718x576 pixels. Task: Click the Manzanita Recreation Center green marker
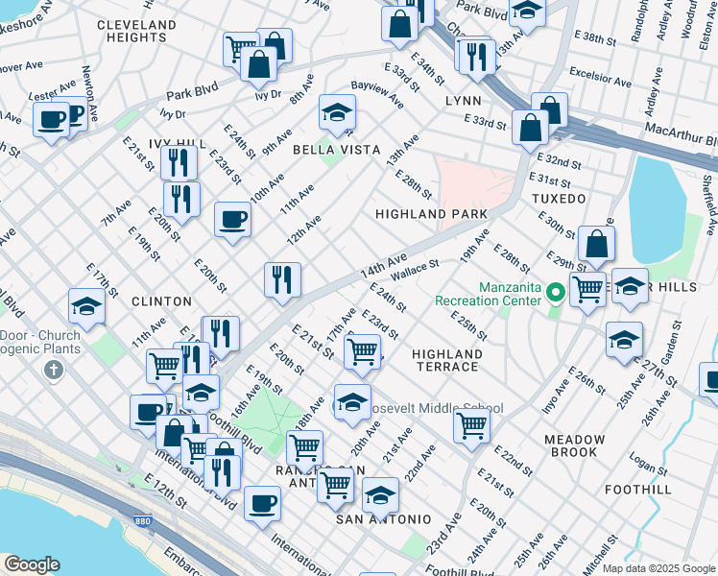tap(554, 290)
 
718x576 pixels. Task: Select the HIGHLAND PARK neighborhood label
tap(431, 214)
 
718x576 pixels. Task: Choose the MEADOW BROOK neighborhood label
tap(574, 446)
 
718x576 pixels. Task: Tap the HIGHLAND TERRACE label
tap(445, 361)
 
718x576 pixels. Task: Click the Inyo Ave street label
tap(549, 398)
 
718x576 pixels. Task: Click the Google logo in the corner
tap(32, 564)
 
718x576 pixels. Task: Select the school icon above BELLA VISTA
tap(337, 114)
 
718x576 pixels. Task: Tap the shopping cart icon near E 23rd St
tap(362, 350)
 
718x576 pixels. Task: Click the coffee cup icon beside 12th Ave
tap(232, 220)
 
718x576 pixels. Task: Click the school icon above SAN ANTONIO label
tap(380, 495)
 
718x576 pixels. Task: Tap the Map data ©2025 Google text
tap(658, 568)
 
